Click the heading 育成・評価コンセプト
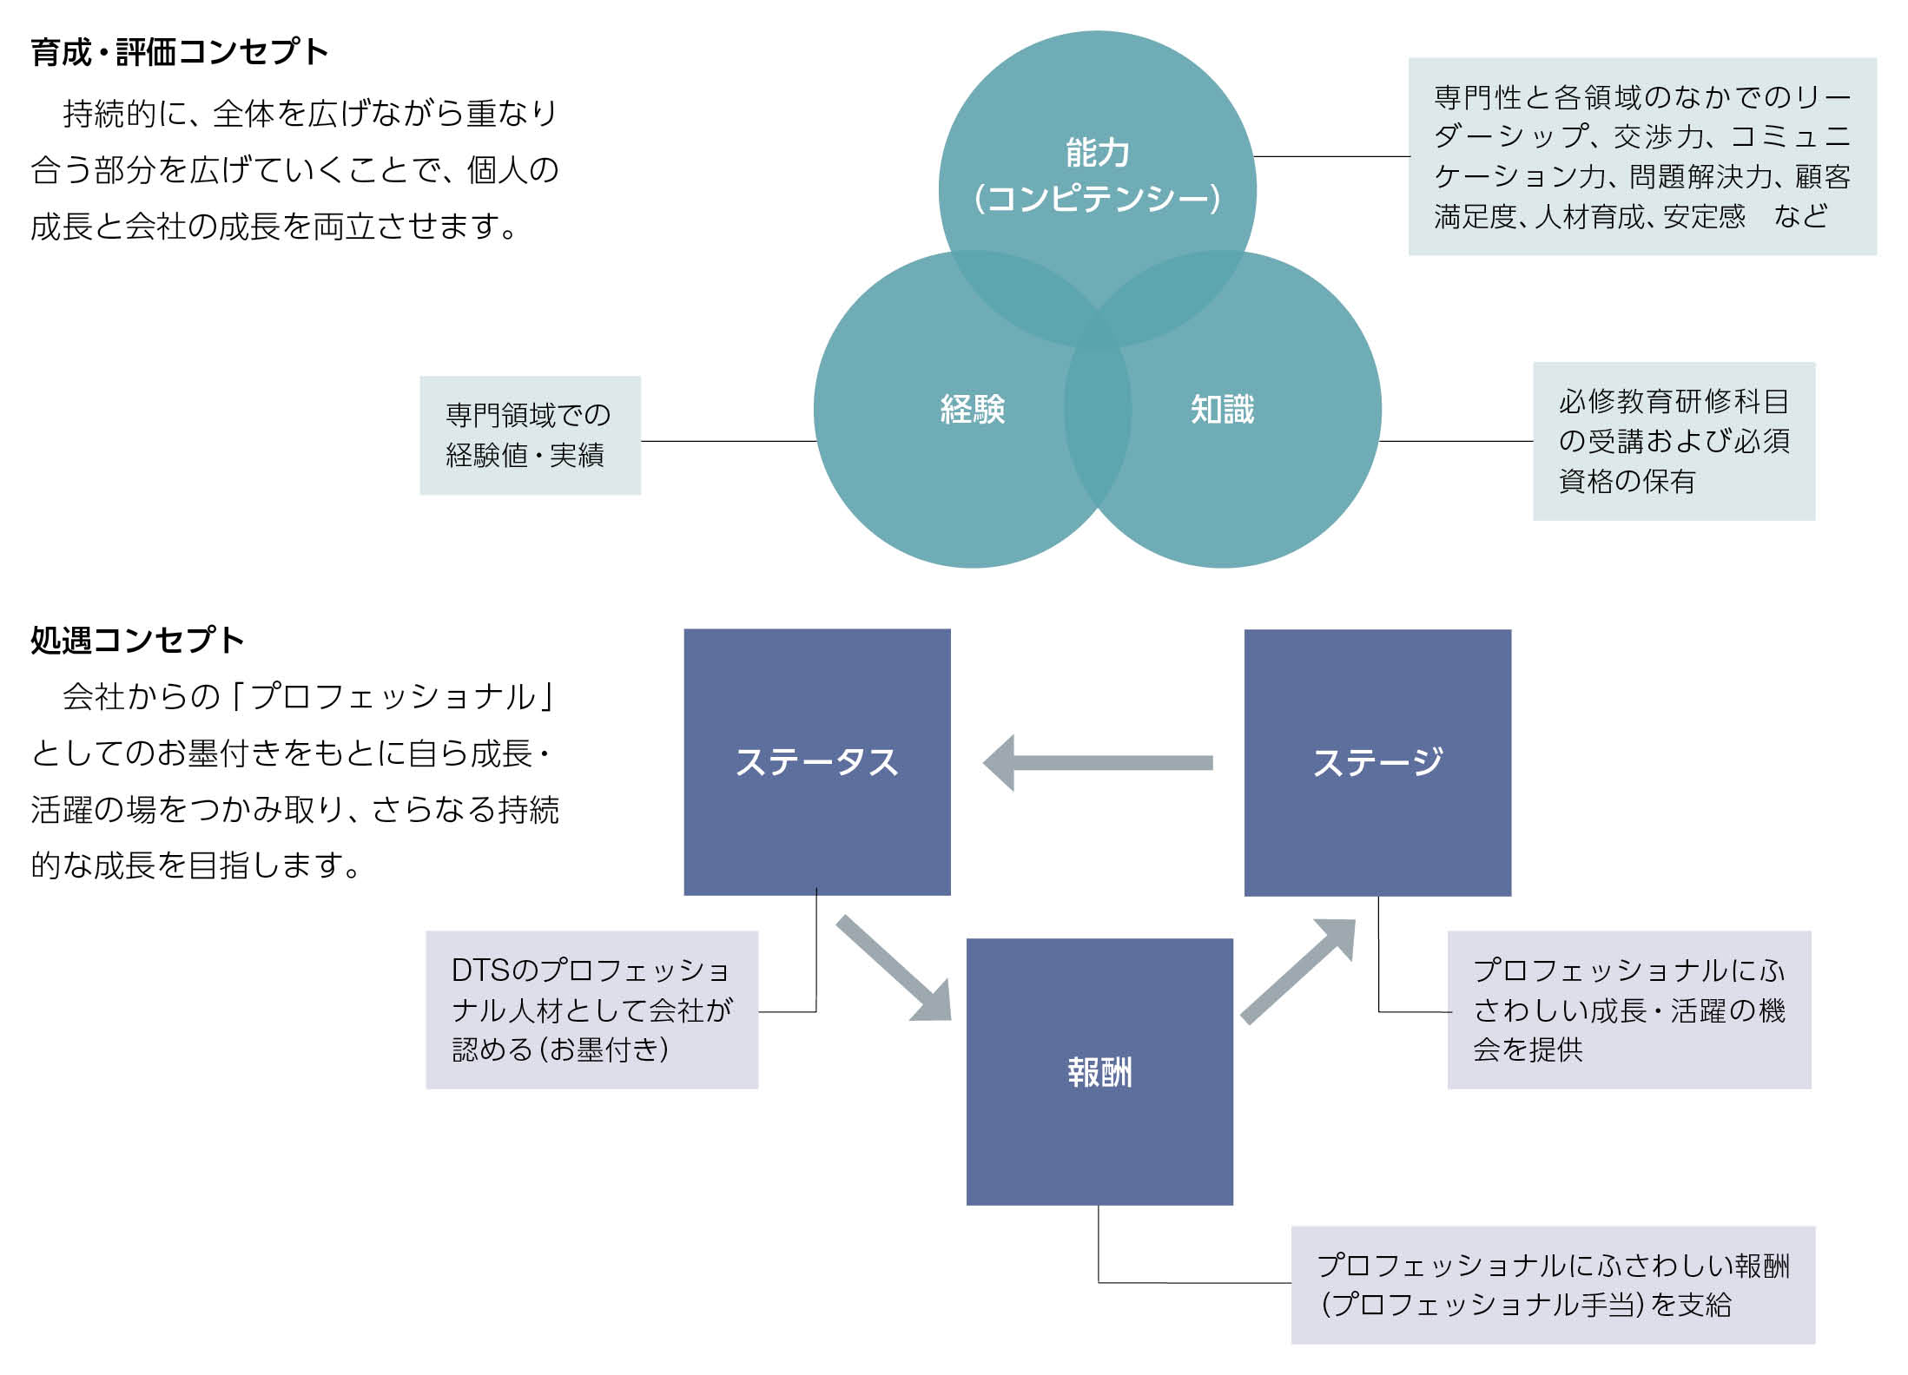tap(180, 52)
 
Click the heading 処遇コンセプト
tap(137, 641)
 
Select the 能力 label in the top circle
tap(1098, 153)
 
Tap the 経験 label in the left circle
tap(973, 410)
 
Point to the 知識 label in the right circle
tap(1222, 410)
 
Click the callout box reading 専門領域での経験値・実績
tap(530, 435)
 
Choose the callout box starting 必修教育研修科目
tap(1674, 441)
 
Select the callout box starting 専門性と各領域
tap(1641, 156)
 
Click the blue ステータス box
tap(816, 761)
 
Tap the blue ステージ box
tap(1377, 762)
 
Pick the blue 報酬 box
tap(1099, 1072)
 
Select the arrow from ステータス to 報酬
tap(894, 967)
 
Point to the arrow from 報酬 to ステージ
tap(1298, 970)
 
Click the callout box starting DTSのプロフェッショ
tap(591, 1010)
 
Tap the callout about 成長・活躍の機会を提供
tap(1628, 1010)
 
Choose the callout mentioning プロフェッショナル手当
tap(1552, 1285)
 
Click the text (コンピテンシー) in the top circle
tap(1098, 199)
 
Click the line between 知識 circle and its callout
tap(1456, 441)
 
